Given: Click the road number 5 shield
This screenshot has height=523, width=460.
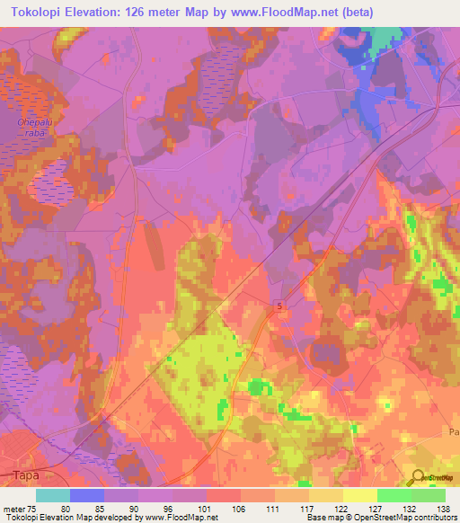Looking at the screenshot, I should (279, 307).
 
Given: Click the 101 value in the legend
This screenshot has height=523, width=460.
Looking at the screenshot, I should (206, 507).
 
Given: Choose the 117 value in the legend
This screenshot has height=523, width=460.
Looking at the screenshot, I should (308, 507).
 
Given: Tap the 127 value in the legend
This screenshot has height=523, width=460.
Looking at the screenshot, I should (376, 507).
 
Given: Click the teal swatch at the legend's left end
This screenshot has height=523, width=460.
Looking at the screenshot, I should (53, 495).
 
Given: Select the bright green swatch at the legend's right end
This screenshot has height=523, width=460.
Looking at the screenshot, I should (428, 495).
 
